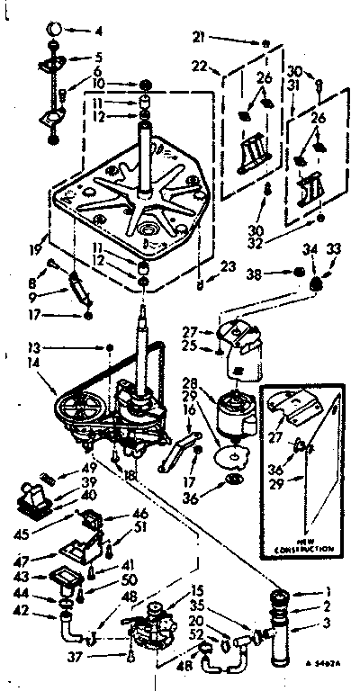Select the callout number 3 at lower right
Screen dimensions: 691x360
(337, 624)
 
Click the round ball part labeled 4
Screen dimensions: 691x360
(53, 30)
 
